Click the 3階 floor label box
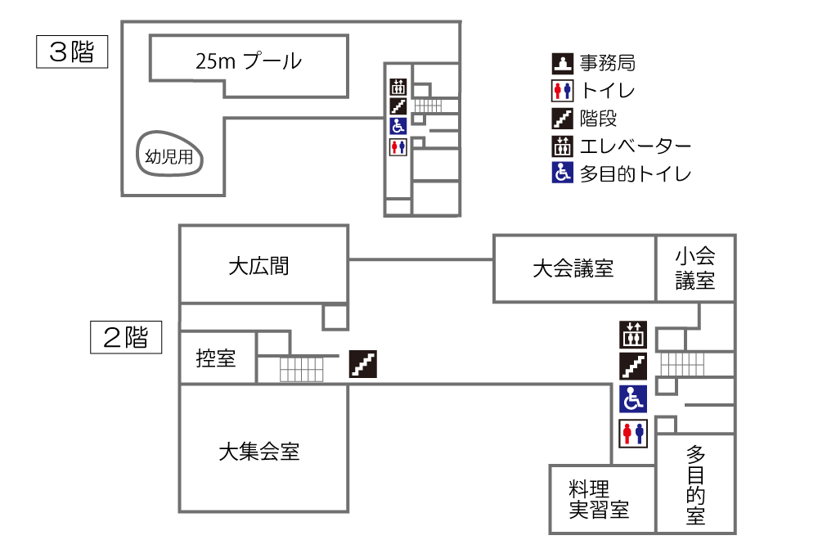tap(73, 52)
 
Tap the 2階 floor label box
tap(125, 337)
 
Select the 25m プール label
tap(249, 61)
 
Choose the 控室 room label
tap(216, 358)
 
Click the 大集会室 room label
tap(258, 452)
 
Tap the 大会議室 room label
tap(573, 268)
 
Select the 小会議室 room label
tap(695, 268)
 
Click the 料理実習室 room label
tap(599, 500)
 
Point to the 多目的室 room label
tap(696, 484)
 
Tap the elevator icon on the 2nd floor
tap(633, 334)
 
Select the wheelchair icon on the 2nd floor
tap(633, 398)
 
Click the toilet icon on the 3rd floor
tap(398, 146)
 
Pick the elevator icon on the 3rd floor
tap(398, 86)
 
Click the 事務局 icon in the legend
tap(562, 62)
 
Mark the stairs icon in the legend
tap(562, 119)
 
